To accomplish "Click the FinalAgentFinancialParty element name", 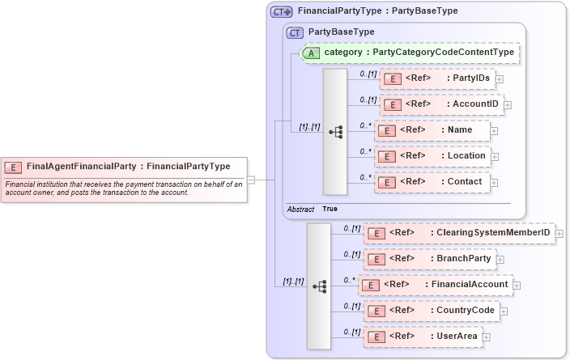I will pyautogui.click(x=81, y=167).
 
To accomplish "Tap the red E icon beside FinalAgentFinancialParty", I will pyautogui.click(x=14, y=167).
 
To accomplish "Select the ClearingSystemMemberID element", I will pyautogui.click(x=459, y=233).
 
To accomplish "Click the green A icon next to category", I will pyautogui.click(x=311, y=53).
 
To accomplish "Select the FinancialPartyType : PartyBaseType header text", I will pyautogui.click(x=377, y=11).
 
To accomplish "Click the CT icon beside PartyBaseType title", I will pyautogui.click(x=296, y=32).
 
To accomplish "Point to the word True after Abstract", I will pyautogui.click(x=330, y=209).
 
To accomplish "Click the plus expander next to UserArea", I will pyautogui.click(x=486, y=337).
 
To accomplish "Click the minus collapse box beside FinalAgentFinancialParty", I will pyautogui.click(x=252, y=180).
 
